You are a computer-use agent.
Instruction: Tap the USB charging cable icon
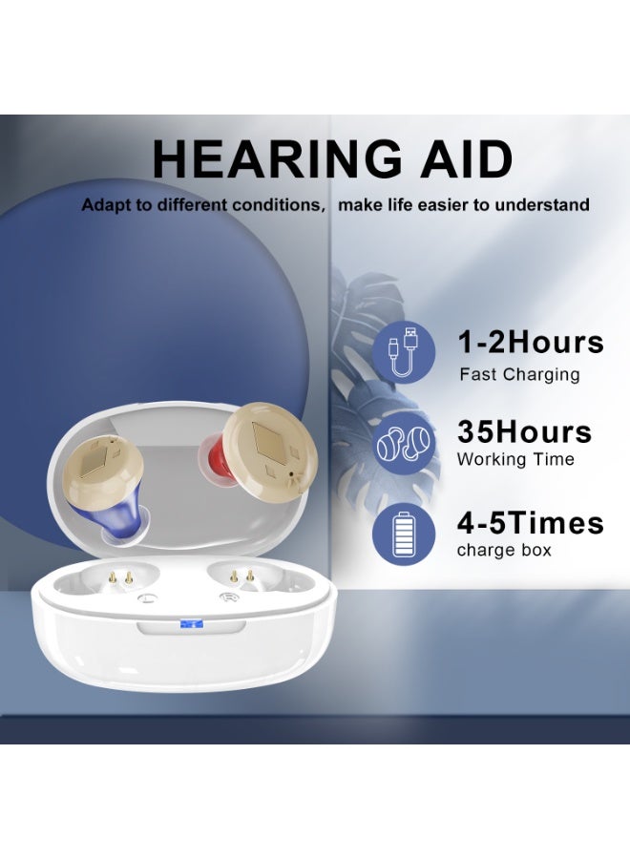tap(409, 350)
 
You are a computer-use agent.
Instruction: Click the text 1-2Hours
tap(530, 342)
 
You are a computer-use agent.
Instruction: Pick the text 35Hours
tap(524, 431)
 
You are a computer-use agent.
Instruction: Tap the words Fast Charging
tap(519, 374)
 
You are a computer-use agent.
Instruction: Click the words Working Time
tap(515, 459)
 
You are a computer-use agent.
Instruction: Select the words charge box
tap(504, 550)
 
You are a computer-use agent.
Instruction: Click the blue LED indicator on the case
tap(189, 625)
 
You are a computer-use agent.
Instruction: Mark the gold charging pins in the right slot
tap(242, 576)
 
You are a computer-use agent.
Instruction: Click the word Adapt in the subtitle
tap(104, 205)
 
